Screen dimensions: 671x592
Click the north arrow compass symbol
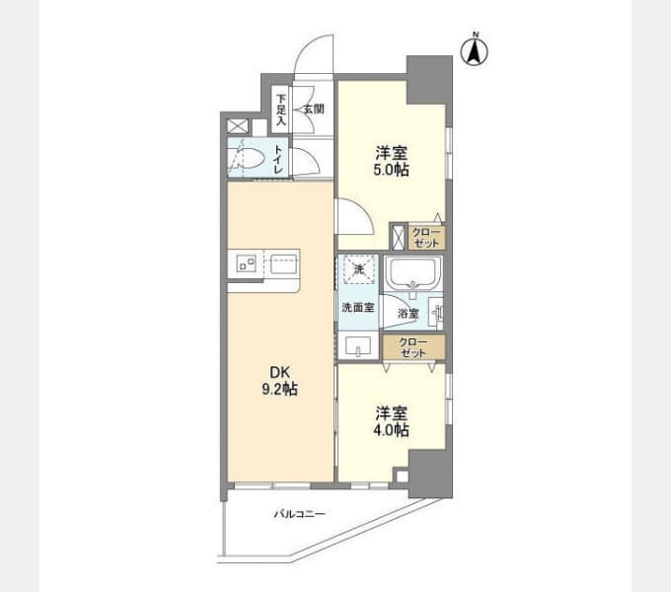475,49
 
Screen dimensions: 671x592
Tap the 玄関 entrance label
314,110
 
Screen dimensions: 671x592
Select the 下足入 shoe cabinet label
280,110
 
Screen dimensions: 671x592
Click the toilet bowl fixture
246,158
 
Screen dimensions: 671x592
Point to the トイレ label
278,159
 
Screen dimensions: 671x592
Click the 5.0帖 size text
391,170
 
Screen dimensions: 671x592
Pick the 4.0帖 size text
391,430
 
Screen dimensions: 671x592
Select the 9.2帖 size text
279,389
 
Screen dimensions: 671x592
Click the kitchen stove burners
246,261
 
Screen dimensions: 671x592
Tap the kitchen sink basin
283,263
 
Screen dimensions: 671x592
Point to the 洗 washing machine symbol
358,269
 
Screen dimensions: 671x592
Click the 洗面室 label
358,307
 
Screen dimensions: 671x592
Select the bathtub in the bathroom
412,274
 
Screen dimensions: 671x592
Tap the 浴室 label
408,314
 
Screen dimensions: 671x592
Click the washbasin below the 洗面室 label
358,345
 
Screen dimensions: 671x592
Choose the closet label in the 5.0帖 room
426,238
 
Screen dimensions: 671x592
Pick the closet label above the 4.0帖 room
412,347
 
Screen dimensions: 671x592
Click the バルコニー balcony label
300,513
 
